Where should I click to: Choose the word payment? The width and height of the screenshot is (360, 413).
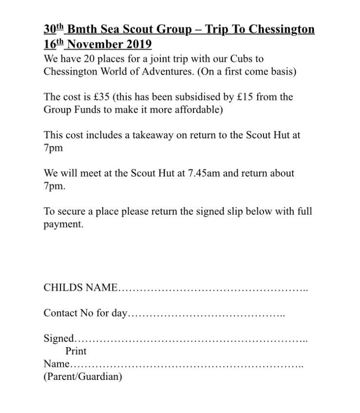click(x=63, y=224)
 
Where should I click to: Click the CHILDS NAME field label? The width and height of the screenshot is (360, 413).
click(x=80, y=287)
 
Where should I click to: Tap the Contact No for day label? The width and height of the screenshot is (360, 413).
click(x=85, y=313)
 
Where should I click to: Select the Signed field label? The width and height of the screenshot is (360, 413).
click(x=59, y=338)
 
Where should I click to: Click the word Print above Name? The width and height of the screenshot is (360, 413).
click(x=76, y=351)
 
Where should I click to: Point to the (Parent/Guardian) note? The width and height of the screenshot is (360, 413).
click(x=83, y=376)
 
